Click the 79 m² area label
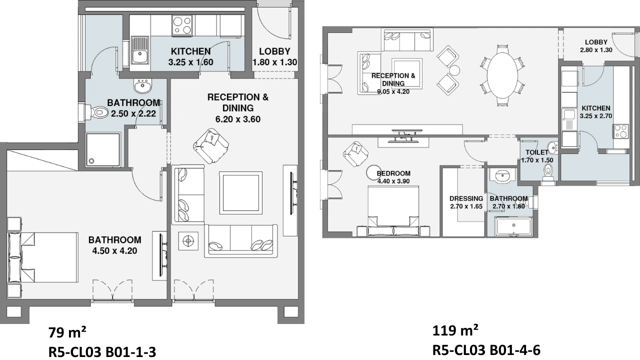click(67, 332)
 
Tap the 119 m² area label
click(455, 331)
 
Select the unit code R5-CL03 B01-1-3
click(102, 351)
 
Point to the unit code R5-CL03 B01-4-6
click(486, 350)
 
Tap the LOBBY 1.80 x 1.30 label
click(274, 56)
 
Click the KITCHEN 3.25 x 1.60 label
click(190, 56)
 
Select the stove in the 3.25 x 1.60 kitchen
click(182, 25)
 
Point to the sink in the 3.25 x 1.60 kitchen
click(139, 50)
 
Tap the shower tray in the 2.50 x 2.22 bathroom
click(103, 149)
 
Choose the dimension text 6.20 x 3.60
click(237, 119)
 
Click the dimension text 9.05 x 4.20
click(393, 91)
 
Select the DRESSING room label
click(466, 198)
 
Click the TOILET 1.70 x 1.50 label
click(537, 156)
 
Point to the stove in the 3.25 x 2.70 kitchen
click(620, 131)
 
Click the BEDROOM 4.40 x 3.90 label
click(393, 177)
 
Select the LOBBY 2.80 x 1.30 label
click(596, 46)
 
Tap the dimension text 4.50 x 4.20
click(114, 251)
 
